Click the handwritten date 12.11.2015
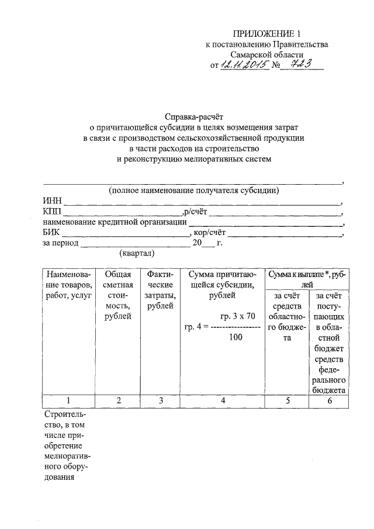pos(244,65)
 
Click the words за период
pos(61,243)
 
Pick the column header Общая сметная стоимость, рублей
pos(118,295)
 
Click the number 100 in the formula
pos(236,337)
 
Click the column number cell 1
pos(68,400)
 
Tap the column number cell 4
pos(222,400)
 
